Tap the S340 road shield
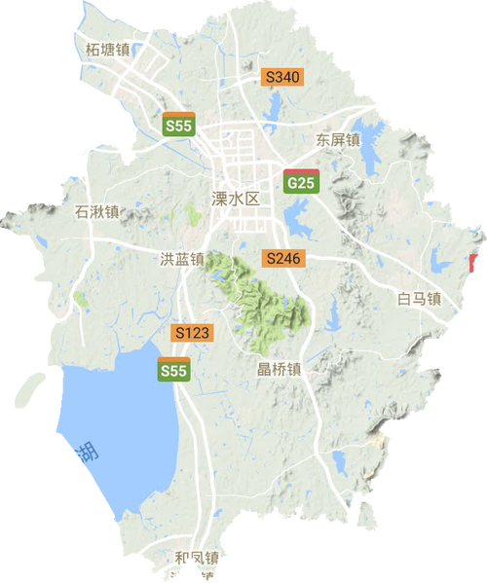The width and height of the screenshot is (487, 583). [x=283, y=76]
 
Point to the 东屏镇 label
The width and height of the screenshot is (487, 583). [x=338, y=140]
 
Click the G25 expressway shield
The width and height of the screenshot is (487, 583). [x=300, y=181]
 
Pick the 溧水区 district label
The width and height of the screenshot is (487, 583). [x=237, y=199]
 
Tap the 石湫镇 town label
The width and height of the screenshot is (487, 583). [x=97, y=210]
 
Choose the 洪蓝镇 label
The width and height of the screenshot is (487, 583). [x=182, y=259]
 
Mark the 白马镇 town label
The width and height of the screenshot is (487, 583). [x=421, y=298]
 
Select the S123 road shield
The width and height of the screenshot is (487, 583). [x=192, y=333]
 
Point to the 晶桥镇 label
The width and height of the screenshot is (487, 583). [x=279, y=369]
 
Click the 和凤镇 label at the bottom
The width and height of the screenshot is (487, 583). [x=197, y=559]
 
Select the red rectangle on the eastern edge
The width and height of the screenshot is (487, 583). [x=473, y=263]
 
